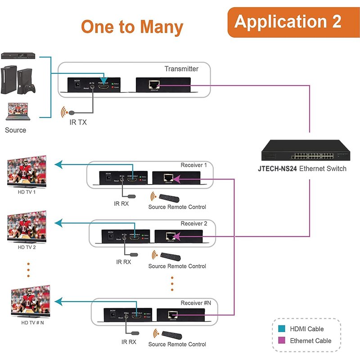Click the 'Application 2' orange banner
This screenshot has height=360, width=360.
pos(288,22)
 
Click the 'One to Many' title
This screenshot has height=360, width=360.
pos(132,27)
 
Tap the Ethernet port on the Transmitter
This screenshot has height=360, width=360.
pos(155,84)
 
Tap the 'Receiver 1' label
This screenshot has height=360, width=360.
pos(193,165)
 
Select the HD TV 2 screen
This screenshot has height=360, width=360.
pos(27,227)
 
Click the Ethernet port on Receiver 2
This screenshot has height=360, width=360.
pos(171,236)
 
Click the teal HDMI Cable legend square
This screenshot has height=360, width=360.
pos(282,329)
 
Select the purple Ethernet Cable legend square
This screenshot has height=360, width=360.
pos(282,341)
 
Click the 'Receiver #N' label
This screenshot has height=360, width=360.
pos(196,303)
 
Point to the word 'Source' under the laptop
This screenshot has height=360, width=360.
pos(15,130)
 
